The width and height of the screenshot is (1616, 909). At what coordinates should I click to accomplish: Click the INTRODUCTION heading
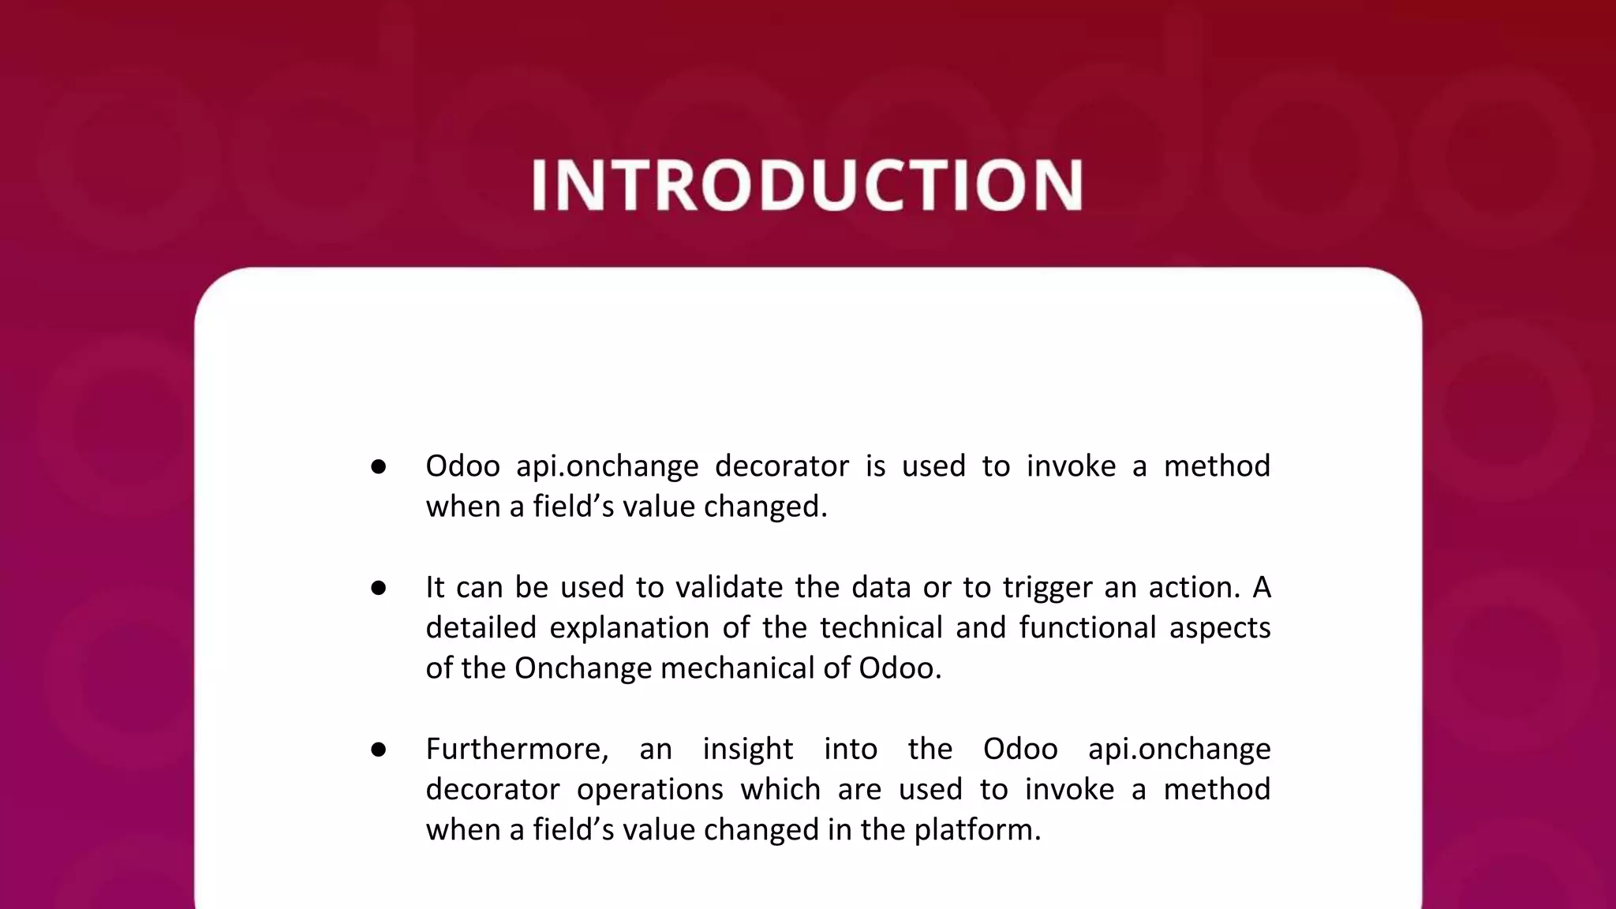click(x=807, y=185)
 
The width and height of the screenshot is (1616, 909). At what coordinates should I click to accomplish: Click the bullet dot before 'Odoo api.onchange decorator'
click(x=378, y=466)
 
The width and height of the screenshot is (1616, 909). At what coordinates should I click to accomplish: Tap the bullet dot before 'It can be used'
click(x=378, y=588)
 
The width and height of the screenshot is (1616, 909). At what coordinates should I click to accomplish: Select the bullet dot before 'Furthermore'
click(x=378, y=750)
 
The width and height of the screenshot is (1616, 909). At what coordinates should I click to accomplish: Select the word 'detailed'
click(x=480, y=627)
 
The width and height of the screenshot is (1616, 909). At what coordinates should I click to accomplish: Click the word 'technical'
click(x=881, y=627)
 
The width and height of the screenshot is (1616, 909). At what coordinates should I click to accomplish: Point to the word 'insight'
click(x=747, y=750)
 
